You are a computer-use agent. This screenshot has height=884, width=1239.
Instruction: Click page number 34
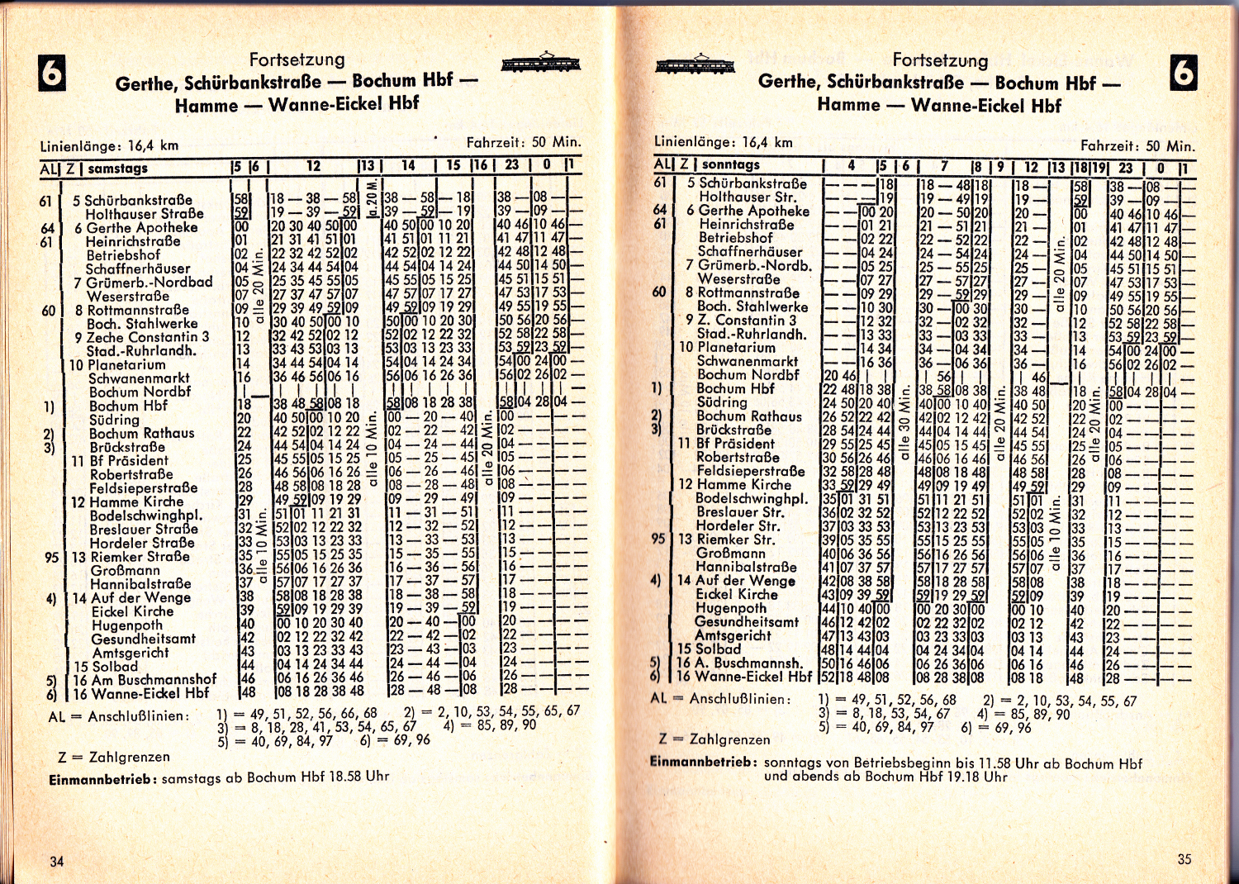coord(56,861)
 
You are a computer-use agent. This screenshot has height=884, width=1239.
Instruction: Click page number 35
coord(1184,859)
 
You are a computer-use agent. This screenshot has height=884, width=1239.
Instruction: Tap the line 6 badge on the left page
coord(51,74)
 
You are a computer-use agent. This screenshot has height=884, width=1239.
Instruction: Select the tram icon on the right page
coord(695,64)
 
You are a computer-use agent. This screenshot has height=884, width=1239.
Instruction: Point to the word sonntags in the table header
coord(730,164)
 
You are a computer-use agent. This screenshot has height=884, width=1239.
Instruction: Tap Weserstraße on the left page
coord(127,296)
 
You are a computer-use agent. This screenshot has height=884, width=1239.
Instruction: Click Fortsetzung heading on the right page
coord(940,60)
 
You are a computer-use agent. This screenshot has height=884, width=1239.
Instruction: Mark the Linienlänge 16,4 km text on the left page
coord(109,146)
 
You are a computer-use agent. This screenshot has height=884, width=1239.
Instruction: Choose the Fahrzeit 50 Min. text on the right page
coord(1137,146)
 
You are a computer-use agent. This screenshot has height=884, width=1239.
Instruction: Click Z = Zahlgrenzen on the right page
coord(714,739)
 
